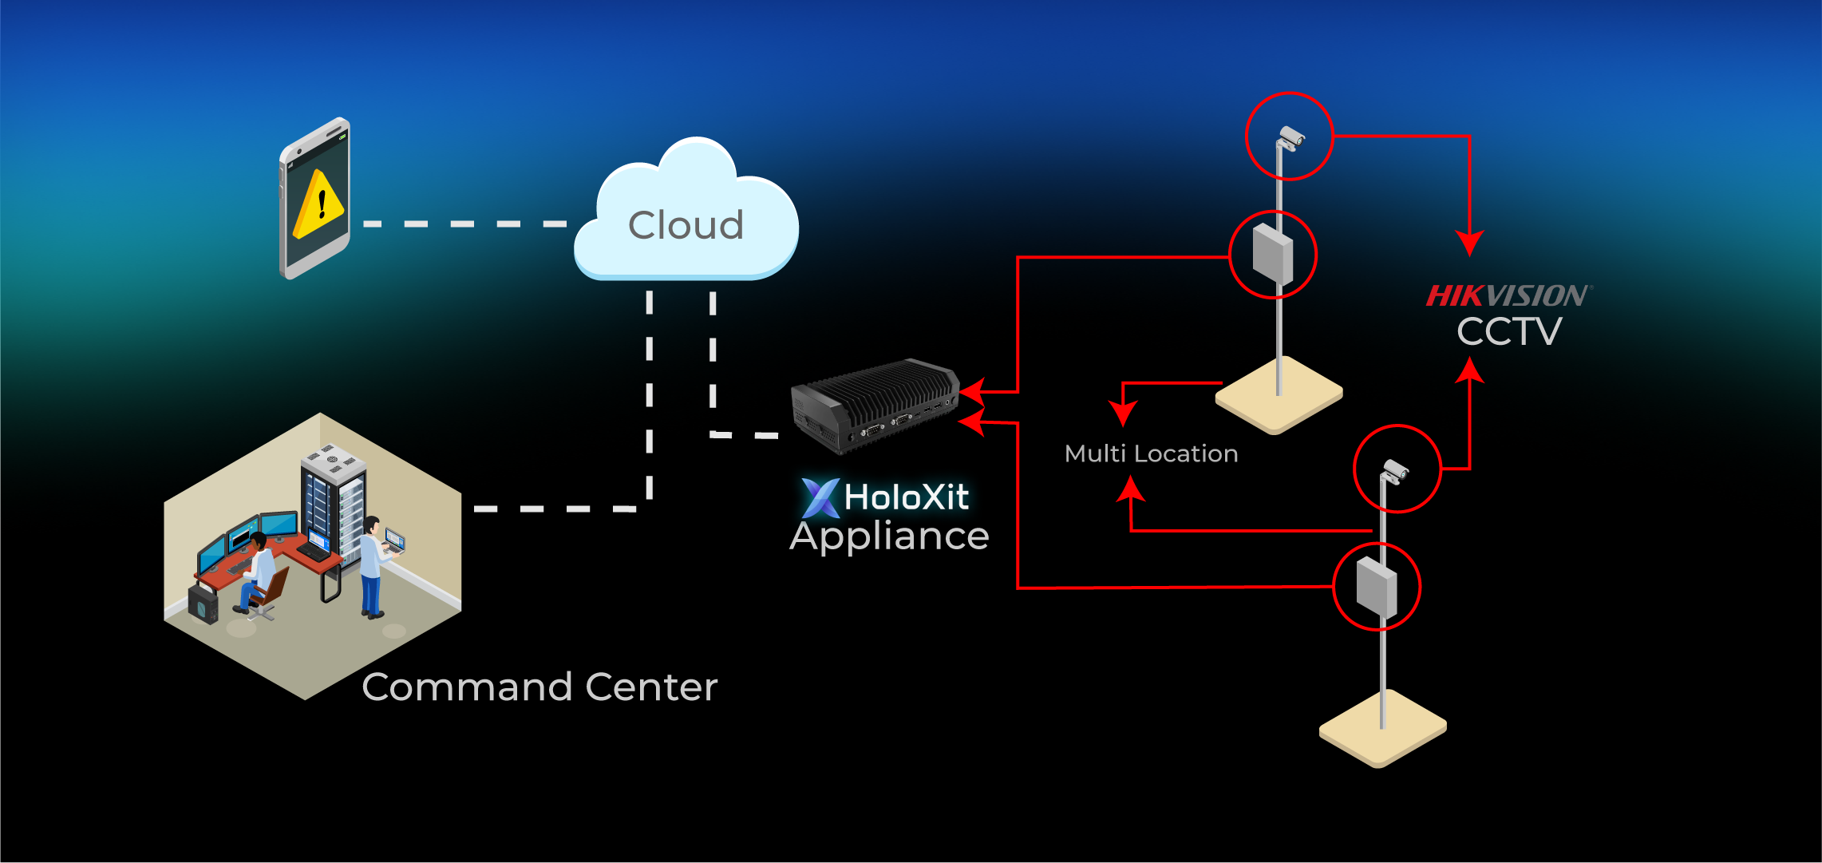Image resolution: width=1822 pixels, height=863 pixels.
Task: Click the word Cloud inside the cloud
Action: click(x=686, y=225)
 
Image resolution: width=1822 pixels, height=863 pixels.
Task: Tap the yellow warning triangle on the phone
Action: click(x=318, y=206)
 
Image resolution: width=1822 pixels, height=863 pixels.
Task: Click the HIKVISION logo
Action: click(x=1508, y=296)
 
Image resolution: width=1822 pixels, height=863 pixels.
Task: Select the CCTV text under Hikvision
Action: click(x=1508, y=332)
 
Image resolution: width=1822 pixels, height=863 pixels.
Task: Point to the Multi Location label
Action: click(x=1151, y=454)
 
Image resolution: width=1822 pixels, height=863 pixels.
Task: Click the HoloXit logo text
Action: click(x=887, y=497)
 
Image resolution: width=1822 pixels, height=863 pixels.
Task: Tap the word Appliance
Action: click(x=889, y=536)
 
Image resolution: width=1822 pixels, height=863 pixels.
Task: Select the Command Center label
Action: click(x=539, y=687)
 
